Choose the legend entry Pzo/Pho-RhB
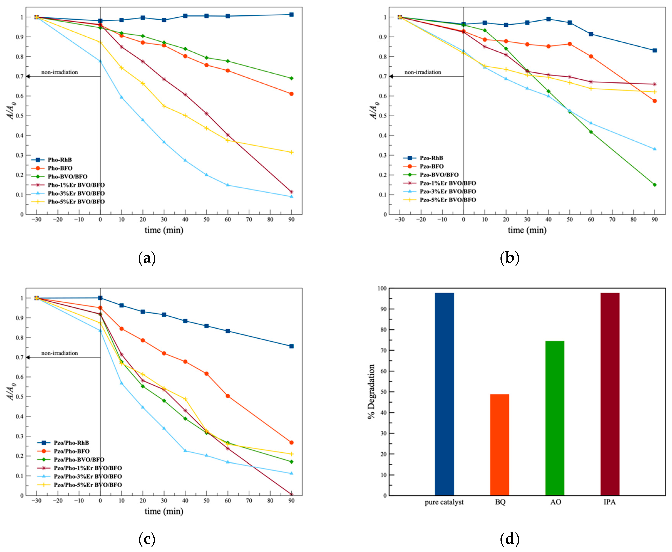[x=71, y=443]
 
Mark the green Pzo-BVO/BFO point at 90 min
[x=654, y=185]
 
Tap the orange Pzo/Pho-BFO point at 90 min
[x=291, y=442]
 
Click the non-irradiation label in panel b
[x=423, y=72]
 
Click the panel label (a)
[x=147, y=258]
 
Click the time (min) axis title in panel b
[x=527, y=230]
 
